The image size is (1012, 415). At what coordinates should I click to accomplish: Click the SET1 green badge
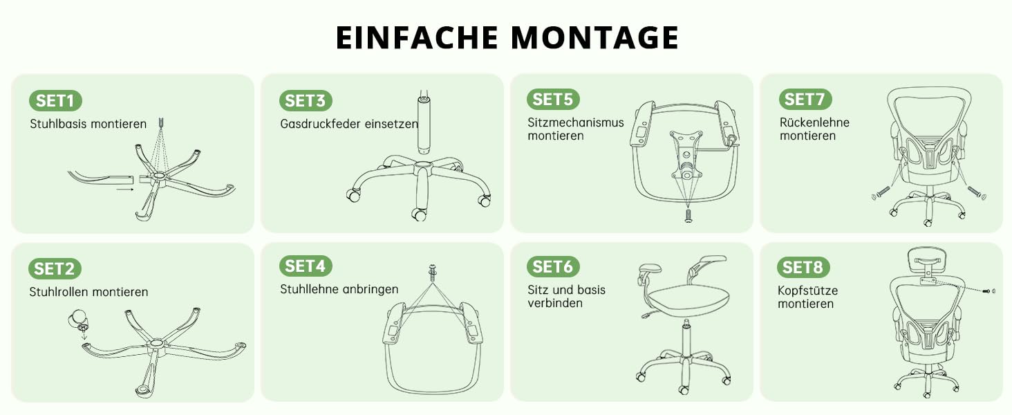pyautogui.click(x=55, y=100)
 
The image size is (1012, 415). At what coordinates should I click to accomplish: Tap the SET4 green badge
pyautogui.click(x=306, y=266)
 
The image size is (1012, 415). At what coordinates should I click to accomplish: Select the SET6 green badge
pyautogui.click(x=552, y=267)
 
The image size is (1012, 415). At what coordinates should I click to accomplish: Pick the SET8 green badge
pyautogui.click(x=803, y=267)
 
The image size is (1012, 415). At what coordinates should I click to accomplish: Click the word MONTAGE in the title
pyautogui.click(x=594, y=37)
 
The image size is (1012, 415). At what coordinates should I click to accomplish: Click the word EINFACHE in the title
pyautogui.click(x=417, y=37)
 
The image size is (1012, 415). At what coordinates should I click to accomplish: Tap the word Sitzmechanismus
pyautogui.click(x=576, y=122)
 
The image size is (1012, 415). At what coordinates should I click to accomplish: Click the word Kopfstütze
pyautogui.click(x=807, y=290)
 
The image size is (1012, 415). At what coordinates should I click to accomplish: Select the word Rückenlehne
pyautogui.click(x=814, y=122)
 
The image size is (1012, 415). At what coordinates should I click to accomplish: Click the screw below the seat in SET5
pyautogui.click(x=688, y=216)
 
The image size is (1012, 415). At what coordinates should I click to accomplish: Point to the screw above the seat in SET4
pyautogui.click(x=432, y=273)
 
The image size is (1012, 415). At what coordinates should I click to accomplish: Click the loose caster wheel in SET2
pyautogui.click(x=77, y=320)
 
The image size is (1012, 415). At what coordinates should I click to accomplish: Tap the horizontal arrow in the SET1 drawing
pyautogui.click(x=124, y=190)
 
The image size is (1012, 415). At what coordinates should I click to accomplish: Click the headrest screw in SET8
pyautogui.click(x=988, y=291)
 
